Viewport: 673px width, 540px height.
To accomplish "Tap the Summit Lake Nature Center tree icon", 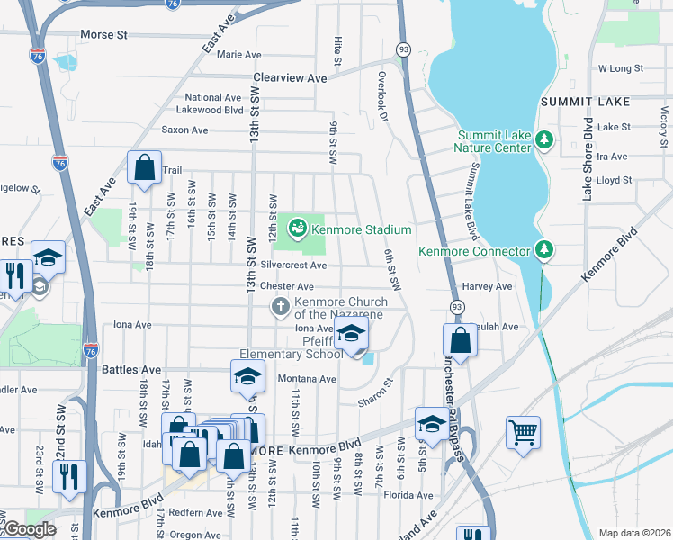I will point(543,139).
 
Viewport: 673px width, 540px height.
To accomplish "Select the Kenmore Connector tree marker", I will point(543,248).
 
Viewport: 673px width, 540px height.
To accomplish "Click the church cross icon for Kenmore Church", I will point(281,308).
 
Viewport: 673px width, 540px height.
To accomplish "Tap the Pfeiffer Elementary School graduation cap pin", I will point(351,334).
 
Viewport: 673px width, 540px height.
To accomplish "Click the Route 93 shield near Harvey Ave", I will point(457,308).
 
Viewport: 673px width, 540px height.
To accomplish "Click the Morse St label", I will point(104,35).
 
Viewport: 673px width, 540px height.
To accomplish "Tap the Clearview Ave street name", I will point(290,78).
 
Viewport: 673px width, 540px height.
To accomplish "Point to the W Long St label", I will point(621,68).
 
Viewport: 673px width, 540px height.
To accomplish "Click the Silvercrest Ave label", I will point(293,265).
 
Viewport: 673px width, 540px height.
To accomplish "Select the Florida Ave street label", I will point(408,495).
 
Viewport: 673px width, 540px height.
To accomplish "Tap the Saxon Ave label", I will point(184,130).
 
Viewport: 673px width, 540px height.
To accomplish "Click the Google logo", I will point(30,529).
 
